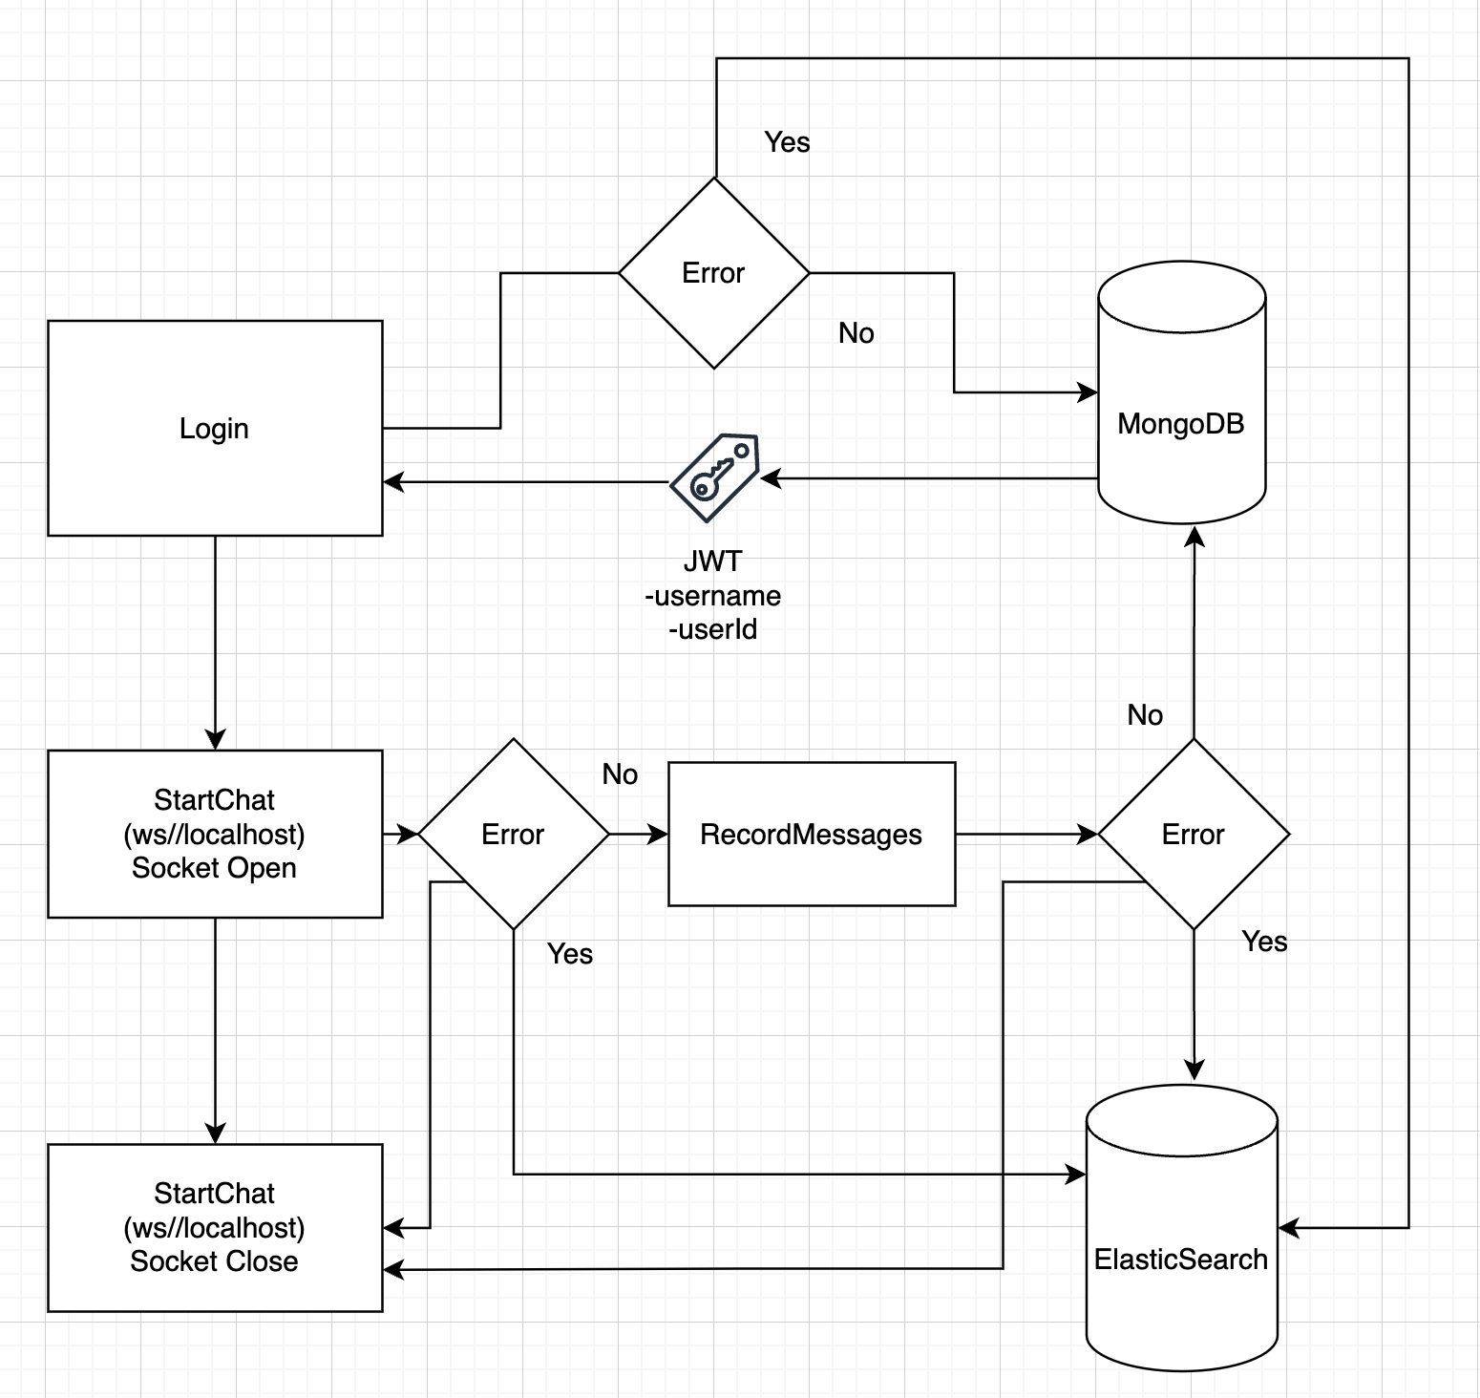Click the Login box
tap(215, 428)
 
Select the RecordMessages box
tap(811, 834)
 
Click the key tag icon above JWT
tap(714, 477)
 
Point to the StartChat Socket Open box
tap(215, 834)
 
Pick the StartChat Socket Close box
tap(215, 1227)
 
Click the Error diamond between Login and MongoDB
tap(713, 273)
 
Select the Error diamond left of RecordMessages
tap(513, 834)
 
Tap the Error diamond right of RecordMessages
tap(1193, 834)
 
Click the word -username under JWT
tap(713, 596)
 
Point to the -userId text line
tap(713, 630)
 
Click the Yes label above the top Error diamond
tap(787, 142)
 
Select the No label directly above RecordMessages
tap(620, 774)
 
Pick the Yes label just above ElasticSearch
tap(1264, 942)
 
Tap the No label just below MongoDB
tap(1145, 715)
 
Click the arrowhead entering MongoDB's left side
tap(1088, 392)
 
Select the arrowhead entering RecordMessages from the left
tap(658, 834)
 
